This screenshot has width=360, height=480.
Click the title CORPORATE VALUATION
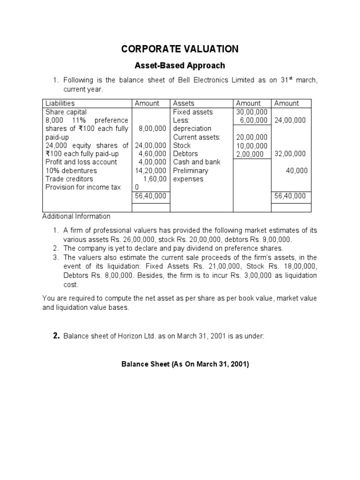(180, 49)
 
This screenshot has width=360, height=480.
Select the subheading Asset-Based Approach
(180, 66)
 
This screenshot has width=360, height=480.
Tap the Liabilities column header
(60, 103)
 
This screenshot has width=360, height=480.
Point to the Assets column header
(184, 103)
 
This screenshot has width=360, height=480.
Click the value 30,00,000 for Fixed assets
(252, 112)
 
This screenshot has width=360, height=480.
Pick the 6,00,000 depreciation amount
(254, 120)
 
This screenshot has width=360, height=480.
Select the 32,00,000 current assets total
(290, 154)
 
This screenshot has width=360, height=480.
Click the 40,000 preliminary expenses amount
(297, 171)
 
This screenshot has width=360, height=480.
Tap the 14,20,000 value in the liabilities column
(150, 171)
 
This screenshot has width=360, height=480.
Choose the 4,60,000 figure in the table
(152, 154)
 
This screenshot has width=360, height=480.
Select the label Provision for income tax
(83, 187)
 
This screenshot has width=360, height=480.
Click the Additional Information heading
(76, 216)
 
